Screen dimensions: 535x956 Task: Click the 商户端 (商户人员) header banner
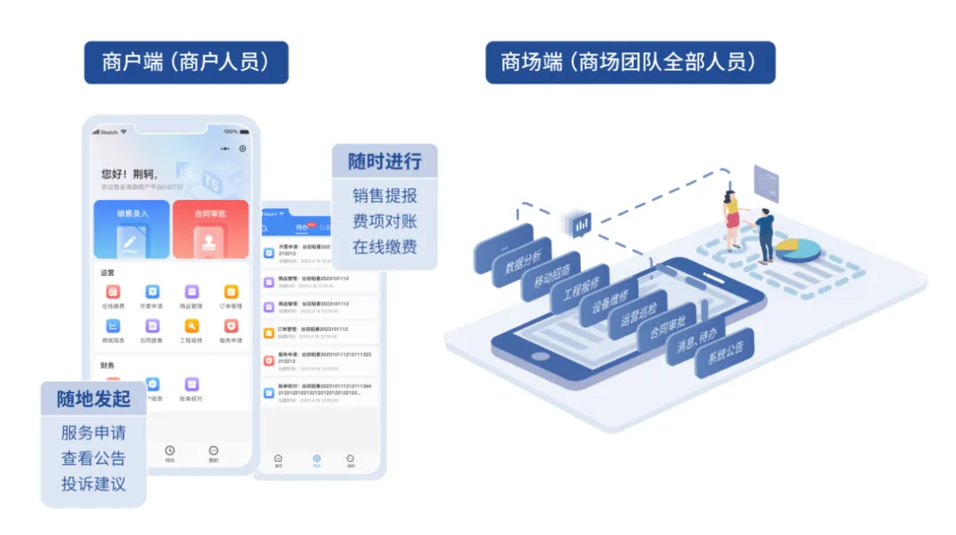click(x=186, y=63)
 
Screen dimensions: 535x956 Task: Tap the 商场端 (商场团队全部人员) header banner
click(x=629, y=63)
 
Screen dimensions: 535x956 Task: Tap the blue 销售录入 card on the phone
click(x=132, y=229)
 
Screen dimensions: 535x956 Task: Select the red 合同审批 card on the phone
click(x=210, y=229)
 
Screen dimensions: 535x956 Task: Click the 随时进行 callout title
click(x=384, y=162)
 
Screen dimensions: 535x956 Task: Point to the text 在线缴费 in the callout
click(x=384, y=247)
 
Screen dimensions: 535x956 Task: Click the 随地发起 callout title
click(x=94, y=399)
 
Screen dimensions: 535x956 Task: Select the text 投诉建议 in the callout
click(x=94, y=484)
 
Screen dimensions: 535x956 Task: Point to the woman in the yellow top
click(x=731, y=219)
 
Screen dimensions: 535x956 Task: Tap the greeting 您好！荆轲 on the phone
click(x=129, y=174)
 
